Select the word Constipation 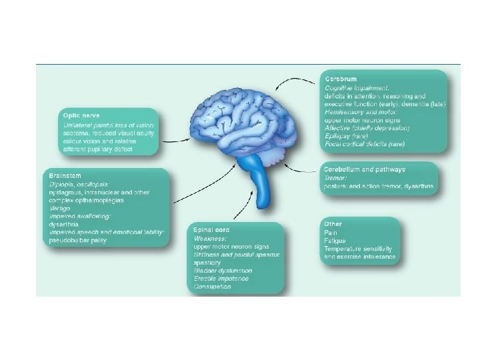(x=213, y=287)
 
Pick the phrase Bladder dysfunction (x=223, y=271)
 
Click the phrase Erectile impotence (x=221, y=279)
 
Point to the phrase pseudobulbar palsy (x=73, y=240)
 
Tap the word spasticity (x=209, y=263)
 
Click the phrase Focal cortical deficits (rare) (x=366, y=143)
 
